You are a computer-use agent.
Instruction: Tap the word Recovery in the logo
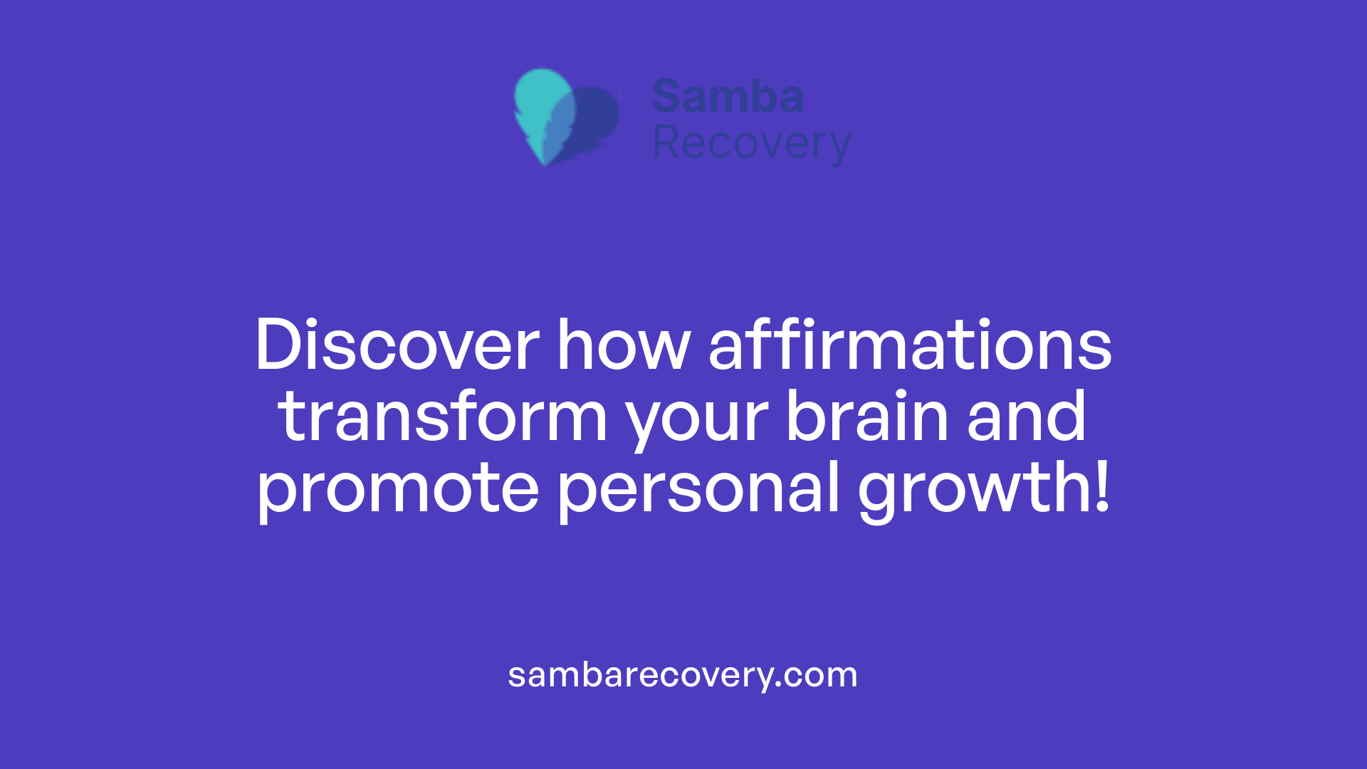point(751,143)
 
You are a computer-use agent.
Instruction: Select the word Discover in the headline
point(397,345)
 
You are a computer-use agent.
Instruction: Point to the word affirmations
point(909,345)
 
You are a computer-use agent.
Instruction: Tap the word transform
point(442,417)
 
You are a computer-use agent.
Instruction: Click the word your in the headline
point(697,420)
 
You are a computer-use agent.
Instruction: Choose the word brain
point(866,417)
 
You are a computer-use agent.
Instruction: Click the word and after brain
point(1026,417)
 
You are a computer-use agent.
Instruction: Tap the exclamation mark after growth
point(1103,486)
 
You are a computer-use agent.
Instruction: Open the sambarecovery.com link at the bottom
point(682,675)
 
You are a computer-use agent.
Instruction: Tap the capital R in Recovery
point(666,143)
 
